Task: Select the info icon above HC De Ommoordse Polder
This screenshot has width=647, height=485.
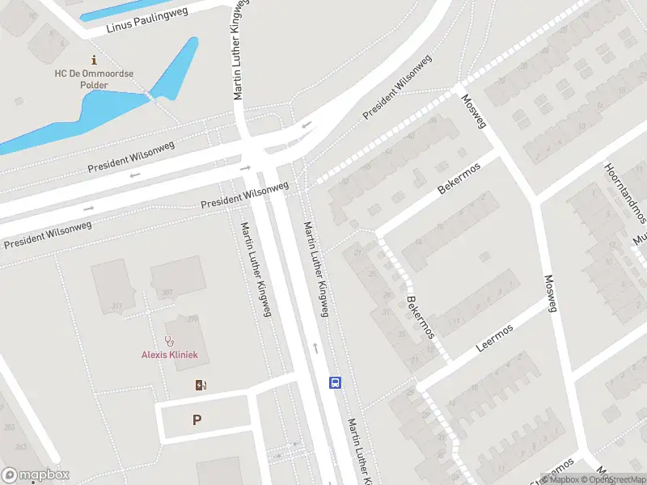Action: coord(95,60)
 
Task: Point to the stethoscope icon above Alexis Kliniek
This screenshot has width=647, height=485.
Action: coord(169,341)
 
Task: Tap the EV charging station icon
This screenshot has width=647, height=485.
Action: coord(201,385)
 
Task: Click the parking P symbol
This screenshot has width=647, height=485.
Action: coord(196,420)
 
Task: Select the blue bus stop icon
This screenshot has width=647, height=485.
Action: coord(334,382)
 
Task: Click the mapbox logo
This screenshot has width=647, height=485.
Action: coord(36,474)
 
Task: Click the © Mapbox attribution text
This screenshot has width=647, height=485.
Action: coord(563,479)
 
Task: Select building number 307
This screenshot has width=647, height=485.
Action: coord(167,293)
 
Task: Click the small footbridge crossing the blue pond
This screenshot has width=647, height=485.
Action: coord(150,97)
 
